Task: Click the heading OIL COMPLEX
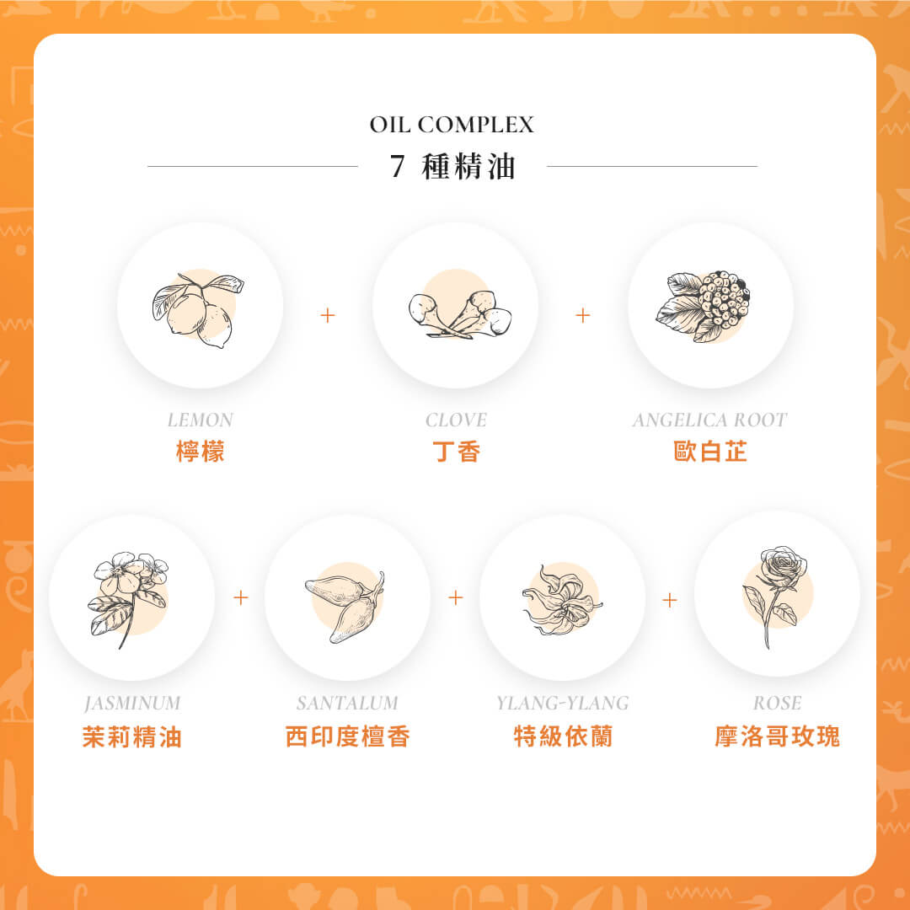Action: click(452, 124)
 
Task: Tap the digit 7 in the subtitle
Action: click(397, 167)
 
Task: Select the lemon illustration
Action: click(198, 309)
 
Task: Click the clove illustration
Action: click(460, 313)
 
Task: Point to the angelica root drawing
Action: click(704, 306)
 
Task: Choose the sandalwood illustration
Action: click(345, 606)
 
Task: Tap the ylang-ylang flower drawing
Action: click(562, 601)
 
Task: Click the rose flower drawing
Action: click(775, 596)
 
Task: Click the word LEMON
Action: click(201, 420)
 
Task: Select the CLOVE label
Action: click(456, 420)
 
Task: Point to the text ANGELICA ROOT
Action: click(709, 420)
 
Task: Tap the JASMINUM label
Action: click(132, 703)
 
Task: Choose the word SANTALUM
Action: click(347, 703)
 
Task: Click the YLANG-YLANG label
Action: click(562, 703)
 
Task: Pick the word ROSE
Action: click(777, 703)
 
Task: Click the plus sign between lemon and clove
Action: click(327, 315)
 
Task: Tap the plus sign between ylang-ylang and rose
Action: click(669, 600)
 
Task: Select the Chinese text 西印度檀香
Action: click(348, 736)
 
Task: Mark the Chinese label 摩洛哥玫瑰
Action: click(777, 736)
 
